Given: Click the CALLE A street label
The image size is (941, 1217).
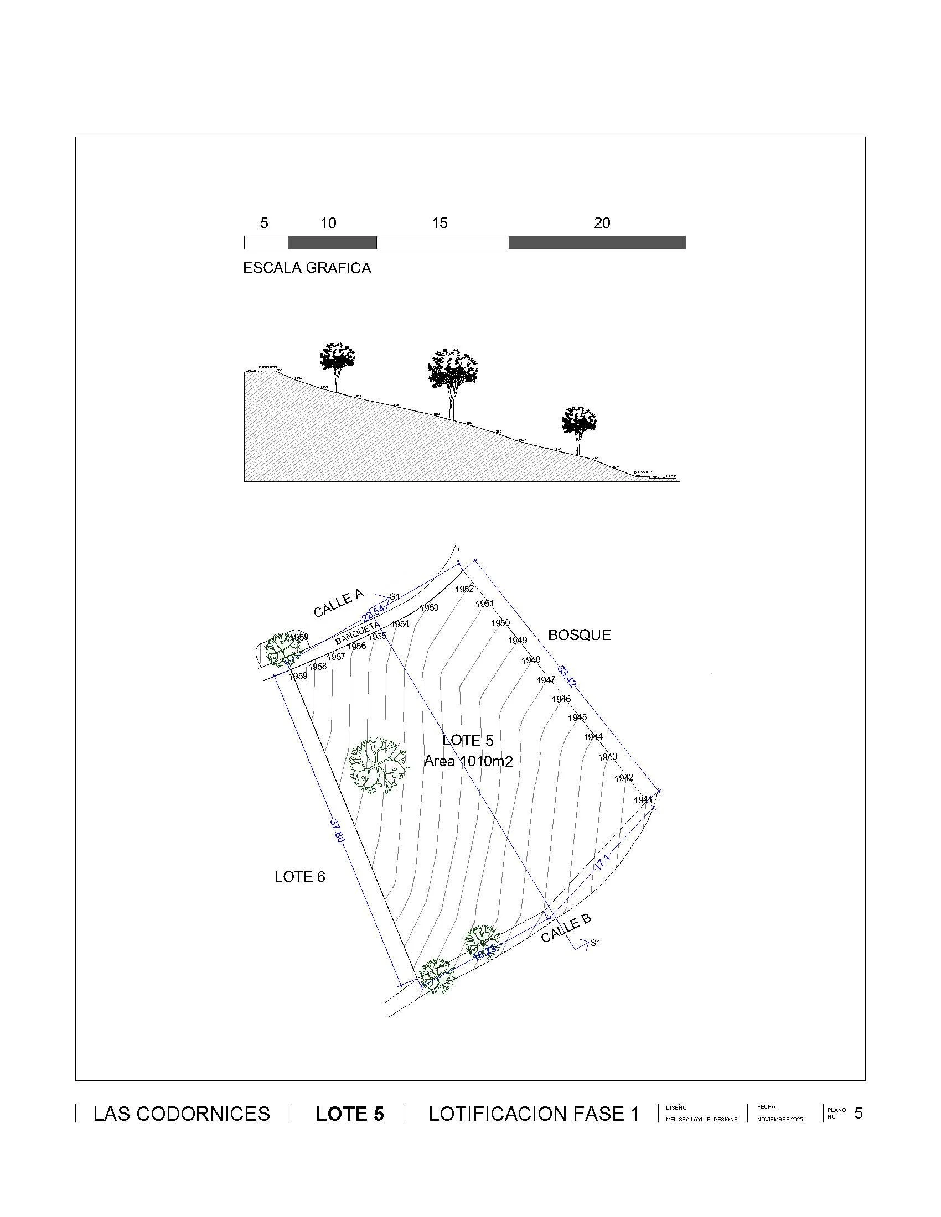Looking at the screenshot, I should click(338, 604).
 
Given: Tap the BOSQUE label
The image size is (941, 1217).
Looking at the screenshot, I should click(579, 635).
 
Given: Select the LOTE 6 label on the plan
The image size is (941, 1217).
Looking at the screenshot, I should click(299, 877).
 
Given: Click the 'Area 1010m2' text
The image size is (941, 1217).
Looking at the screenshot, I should click(468, 761).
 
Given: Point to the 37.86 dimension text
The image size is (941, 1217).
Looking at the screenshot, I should click(336, 830).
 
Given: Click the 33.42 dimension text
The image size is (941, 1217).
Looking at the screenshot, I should click(567, 676).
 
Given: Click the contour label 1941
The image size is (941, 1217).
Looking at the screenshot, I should click(643, 800).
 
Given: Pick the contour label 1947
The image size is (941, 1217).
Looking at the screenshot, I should click(546, 680).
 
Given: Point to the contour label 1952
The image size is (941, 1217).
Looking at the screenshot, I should click(464, 589).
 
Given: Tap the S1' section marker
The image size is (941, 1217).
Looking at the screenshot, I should click(597, 943).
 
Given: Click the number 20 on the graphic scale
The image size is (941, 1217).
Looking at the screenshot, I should click(602, 223).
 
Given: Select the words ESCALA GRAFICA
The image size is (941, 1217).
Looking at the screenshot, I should click(307, 268).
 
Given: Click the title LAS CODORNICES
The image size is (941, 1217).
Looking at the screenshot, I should click(182, 1114).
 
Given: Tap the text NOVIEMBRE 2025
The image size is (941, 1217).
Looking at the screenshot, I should click(779, 1120).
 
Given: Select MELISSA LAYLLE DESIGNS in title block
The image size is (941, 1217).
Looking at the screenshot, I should click(701, 1120).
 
